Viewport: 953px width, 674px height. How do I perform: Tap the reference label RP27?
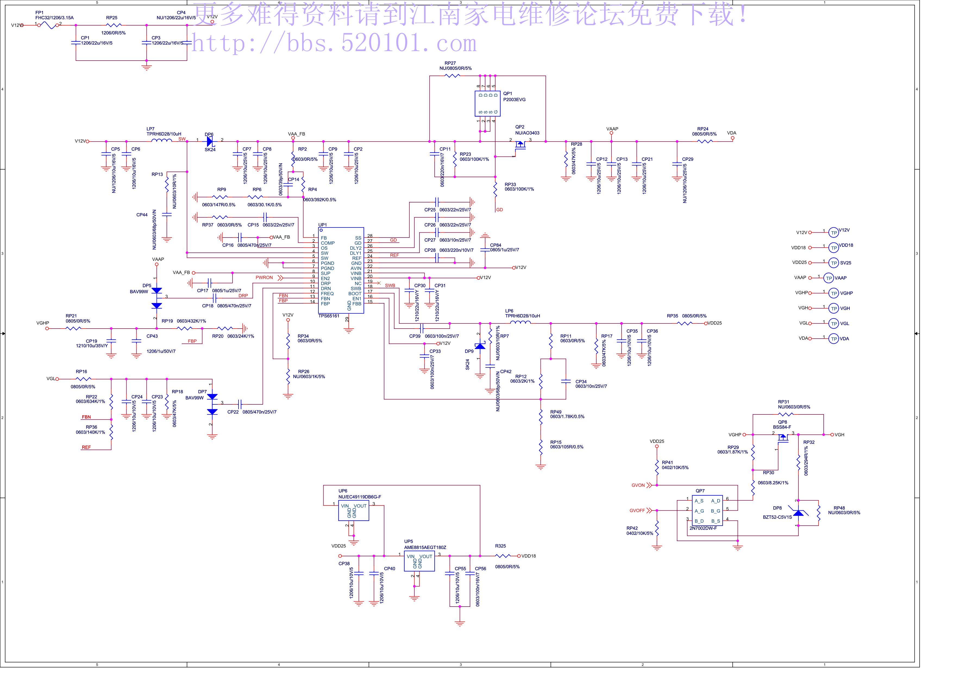point(450,64)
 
